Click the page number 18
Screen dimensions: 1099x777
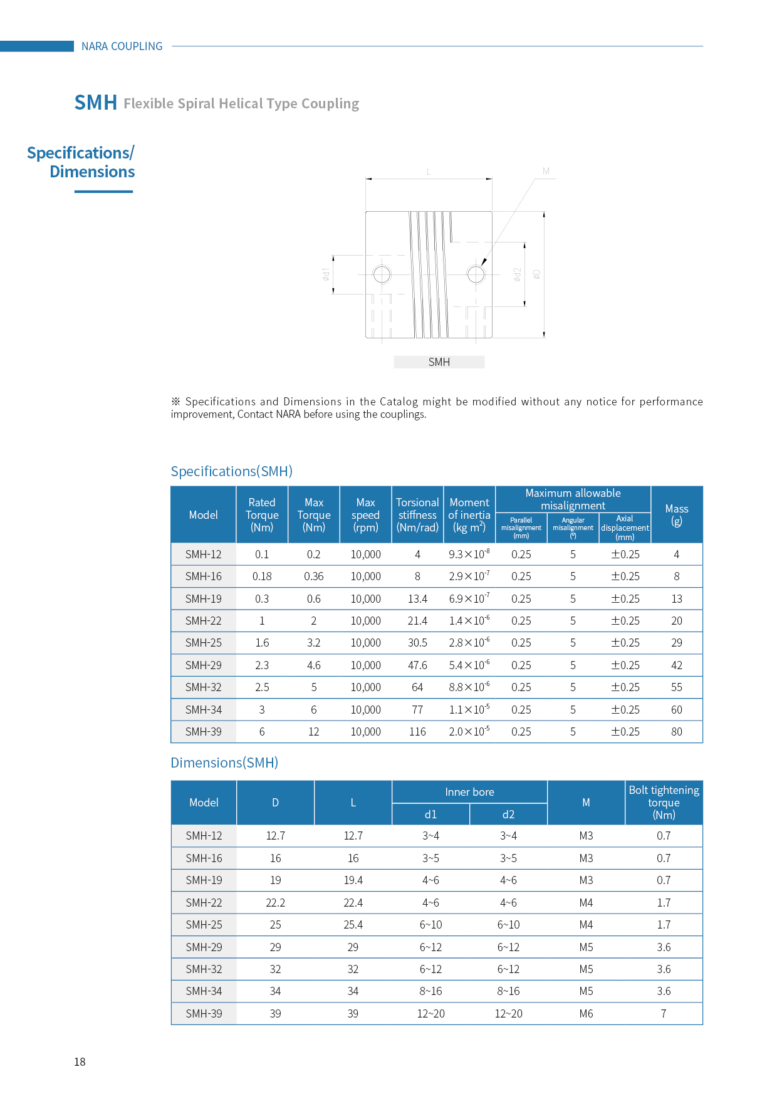[80, 1061]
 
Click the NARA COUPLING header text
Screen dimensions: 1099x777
[122, 46]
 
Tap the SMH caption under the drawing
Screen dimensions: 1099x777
[439, 362]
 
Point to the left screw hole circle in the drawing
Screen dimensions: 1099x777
[382, 274]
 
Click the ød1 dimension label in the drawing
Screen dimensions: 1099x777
[326, 274]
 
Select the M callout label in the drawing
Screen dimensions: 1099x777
[546, 171]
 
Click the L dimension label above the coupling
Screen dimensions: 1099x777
[429, 172]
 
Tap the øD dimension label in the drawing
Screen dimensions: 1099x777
[536, 274]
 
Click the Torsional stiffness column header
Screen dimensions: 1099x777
[417, 514]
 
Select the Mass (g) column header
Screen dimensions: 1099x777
[676, 514]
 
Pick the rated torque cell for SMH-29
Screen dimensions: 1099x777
[262, 665]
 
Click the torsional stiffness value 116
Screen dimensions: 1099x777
[417, 732]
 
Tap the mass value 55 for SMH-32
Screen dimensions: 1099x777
[676, 687]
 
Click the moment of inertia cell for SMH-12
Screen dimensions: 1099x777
[469, 555]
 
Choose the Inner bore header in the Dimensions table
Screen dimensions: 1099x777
[469, 792]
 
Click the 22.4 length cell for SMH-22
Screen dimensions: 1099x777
[353, 903]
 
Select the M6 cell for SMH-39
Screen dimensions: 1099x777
[586, 1014]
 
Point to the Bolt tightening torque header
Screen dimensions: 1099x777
[664, 803]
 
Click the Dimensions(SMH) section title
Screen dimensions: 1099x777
[224, 763]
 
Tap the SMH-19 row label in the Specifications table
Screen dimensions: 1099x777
[204, 599]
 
